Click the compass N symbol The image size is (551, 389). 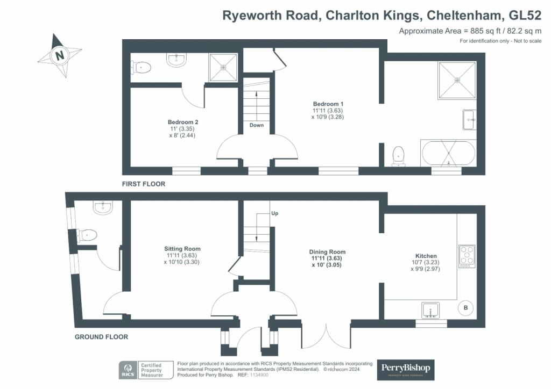tap(59, 55)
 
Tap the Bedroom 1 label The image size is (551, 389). tap(328, 104)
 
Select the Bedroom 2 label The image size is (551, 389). tap(183, 122)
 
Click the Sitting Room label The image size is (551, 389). tap(182, 249)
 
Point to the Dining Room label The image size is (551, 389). tap(327, 252)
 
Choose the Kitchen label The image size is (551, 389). tap(426, 256)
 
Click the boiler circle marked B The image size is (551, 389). tap(465, 308)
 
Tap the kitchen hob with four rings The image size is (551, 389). tap(467, 256)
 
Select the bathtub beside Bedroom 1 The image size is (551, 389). tap(448, 153)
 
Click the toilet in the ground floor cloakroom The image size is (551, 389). tap(87, 235)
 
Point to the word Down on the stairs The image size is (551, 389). tap(257, 125)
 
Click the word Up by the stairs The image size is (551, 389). tap(275, 213)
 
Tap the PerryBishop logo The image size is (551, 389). tap(406, 370)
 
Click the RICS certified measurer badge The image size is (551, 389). tap(146, 370)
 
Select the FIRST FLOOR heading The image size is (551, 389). tap(143, 184)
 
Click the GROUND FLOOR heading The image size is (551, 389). tap(101, 337)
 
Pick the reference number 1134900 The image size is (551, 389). tap(259, 375)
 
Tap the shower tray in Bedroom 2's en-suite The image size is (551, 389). tap(223, 67)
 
